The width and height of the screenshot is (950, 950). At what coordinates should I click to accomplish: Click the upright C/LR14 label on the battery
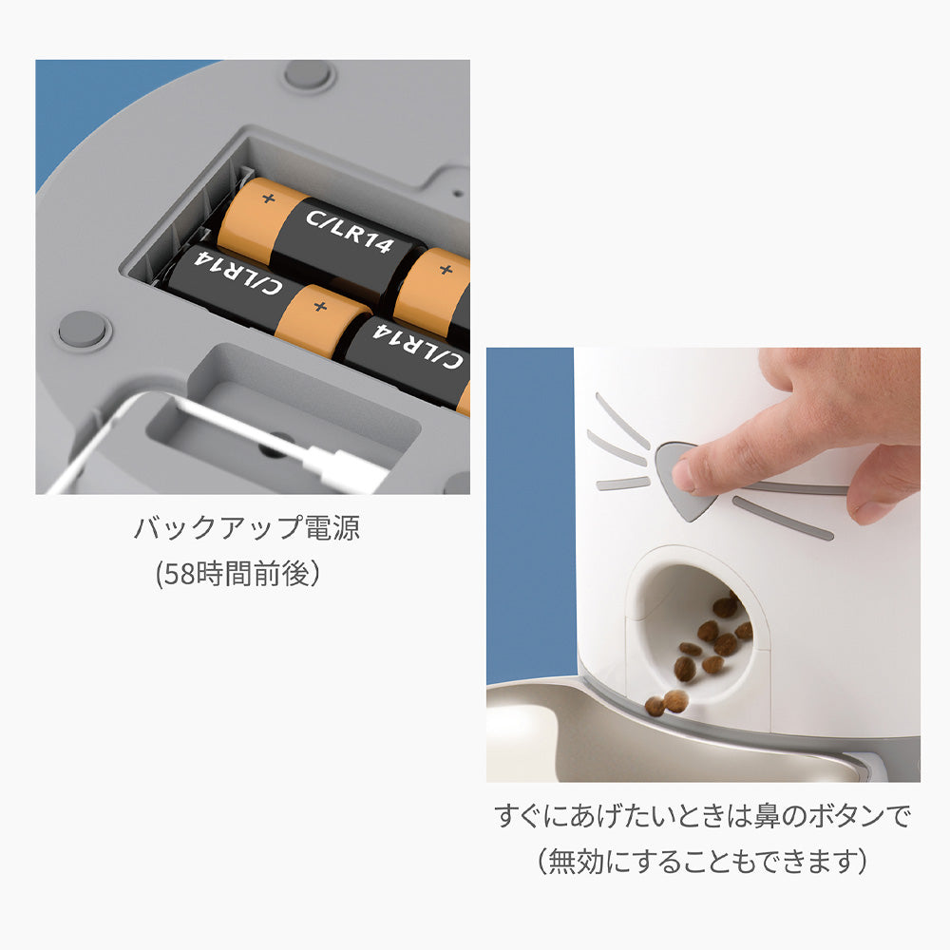click(350, 231)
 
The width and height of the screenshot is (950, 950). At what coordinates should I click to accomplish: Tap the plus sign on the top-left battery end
click(269, 199)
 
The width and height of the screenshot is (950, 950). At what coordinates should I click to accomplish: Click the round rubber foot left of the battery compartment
click(85, 330)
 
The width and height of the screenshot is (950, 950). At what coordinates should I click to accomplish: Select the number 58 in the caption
click(179, 573)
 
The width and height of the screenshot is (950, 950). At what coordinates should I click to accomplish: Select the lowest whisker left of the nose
click(623, 483)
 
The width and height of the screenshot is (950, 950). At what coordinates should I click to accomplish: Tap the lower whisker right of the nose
click(783, 518)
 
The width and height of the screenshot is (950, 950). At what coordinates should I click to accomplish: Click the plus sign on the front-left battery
click(320, 307)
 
